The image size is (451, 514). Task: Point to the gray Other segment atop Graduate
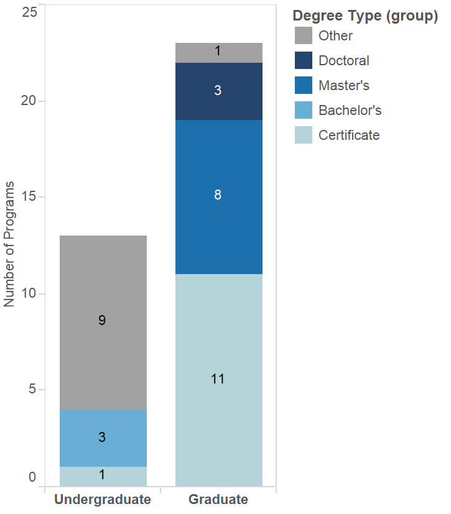[218, 53]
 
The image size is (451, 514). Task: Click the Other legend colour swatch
[304, 35]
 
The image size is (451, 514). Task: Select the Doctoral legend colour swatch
[304, 60]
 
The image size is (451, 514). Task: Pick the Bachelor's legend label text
[350, 110]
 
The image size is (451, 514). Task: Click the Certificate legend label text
[349, 135]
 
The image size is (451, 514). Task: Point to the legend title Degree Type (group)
[365, 16]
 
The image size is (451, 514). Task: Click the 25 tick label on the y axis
[29, 12]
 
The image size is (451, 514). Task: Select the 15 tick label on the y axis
[29, 197]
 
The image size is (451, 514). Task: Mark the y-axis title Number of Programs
[9, 244]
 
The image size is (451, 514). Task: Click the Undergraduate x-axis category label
[103, 499]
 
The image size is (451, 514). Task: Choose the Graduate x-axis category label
[218, 499]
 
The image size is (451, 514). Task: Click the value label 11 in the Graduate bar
[218, 379]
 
